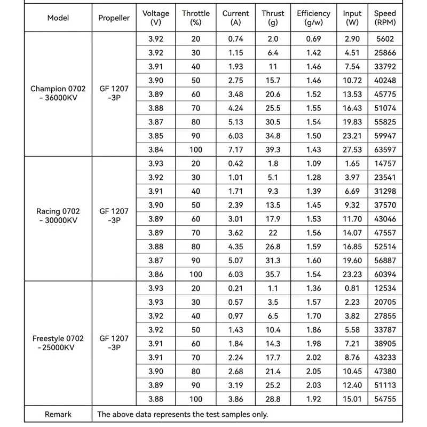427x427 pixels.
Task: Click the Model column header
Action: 58,18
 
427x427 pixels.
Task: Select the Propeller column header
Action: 114,18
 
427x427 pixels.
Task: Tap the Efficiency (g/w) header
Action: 313,18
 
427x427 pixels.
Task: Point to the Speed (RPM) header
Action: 385,18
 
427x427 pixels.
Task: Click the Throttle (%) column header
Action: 196,18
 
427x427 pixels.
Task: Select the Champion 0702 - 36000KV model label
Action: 58,94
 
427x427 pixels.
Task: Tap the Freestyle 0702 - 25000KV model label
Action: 58,343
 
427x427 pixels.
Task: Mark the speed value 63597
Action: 385,150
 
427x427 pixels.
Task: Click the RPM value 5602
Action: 385,39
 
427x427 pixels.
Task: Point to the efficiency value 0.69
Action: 313,39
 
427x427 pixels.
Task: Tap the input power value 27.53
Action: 352,150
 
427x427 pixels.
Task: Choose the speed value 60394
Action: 385,274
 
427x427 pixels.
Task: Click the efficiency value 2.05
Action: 313,370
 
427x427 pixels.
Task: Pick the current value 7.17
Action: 235,150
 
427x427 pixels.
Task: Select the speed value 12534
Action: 385,288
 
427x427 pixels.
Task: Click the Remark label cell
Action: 58,414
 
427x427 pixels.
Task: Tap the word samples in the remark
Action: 236,414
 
